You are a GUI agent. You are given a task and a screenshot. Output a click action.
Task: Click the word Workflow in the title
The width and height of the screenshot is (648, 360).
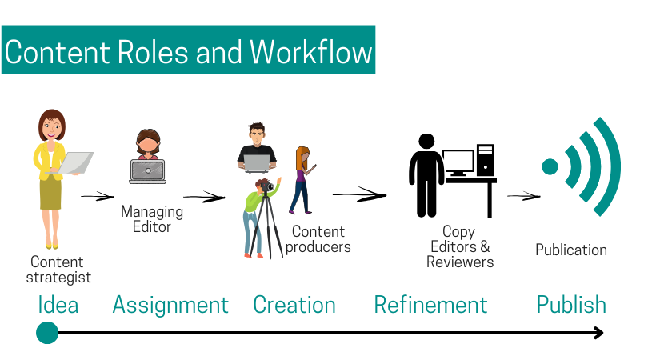click(310, 53)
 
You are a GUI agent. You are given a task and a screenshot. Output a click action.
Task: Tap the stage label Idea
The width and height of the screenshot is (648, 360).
click(58, 305)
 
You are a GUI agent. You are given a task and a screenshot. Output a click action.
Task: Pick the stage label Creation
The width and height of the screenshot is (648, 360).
click(294, 305)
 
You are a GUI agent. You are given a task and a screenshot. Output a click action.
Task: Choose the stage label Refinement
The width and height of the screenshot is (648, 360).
click(430, 305)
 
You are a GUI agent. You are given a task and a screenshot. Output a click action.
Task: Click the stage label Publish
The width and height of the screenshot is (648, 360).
click(571, 305)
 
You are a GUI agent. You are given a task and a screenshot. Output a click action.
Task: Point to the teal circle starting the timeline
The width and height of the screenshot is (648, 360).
click(47, 333)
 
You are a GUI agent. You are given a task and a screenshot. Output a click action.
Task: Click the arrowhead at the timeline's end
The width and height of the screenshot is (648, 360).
click(599, 333)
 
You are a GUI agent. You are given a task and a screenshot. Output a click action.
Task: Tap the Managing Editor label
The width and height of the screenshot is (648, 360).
click(152, 219)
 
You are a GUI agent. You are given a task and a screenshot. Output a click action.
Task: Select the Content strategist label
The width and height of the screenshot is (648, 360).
click(58, 270)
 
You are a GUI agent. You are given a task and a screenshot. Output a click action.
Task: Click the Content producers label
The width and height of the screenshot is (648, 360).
click(318, 239)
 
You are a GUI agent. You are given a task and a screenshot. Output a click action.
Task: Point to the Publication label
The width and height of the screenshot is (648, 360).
click(571, 250)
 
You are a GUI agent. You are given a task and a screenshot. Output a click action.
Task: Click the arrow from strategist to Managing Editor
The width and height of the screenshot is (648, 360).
click(98, 196)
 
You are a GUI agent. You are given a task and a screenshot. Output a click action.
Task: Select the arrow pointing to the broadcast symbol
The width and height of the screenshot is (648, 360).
click(524, 196)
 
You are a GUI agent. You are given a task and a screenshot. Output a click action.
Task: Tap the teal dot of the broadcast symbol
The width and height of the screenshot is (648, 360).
click(550, 167)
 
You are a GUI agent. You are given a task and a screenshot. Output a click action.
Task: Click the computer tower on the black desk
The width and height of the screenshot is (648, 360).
click(485, 159)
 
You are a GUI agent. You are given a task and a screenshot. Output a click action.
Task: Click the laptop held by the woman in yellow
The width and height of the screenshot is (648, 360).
click(75, 162)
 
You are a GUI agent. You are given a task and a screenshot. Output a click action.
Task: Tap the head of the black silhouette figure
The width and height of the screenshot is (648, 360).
click(426, 142)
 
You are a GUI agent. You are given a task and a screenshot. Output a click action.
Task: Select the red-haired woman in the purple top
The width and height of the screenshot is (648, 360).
click(302, 180)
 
